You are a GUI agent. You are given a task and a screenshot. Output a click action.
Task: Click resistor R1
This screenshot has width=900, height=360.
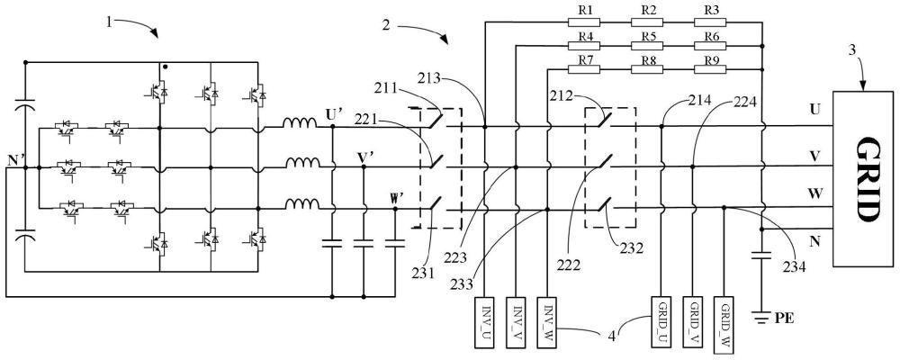point(584,23)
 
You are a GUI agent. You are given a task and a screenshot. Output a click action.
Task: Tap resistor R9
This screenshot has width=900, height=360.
point(710,69)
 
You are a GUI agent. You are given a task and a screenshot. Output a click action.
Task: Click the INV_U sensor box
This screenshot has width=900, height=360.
point(484,323)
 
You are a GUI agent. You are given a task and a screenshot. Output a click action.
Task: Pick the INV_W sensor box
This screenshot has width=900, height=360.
point(547,323)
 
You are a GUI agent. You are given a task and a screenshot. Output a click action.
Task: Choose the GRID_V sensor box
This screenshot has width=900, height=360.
point(692,322)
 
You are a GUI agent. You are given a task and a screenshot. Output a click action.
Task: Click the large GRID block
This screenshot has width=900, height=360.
point(863,178)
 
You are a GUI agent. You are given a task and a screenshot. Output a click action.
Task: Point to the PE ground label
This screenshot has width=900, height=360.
point(785,318)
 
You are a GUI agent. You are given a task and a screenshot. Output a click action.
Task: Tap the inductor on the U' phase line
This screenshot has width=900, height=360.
point(300,123)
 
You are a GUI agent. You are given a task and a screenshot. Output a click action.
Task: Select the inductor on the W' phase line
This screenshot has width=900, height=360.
point(302,204)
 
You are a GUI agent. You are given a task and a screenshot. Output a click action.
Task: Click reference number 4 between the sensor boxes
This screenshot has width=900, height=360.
point(612,335)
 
